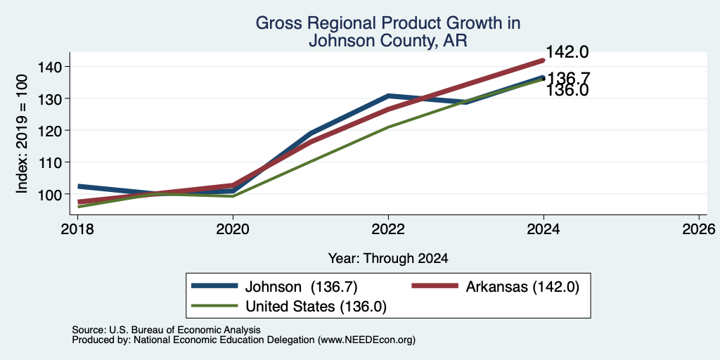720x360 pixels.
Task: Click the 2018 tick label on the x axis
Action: click(77, 229)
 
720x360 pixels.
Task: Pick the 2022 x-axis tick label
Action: click(388, 229)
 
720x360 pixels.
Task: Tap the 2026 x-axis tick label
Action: click(700, 229)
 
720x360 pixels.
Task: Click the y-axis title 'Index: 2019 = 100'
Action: click(22, 134)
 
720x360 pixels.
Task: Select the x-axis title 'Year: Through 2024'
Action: click(388, 259)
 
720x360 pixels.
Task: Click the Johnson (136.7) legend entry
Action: click(275, 287)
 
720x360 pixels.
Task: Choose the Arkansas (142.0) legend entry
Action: click(496, 287)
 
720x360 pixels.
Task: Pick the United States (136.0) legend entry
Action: click(288, 307)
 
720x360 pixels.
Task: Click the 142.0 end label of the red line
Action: click(567, 52)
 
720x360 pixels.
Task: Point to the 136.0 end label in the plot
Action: click(567, 91)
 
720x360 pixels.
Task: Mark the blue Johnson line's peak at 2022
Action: click(388, 96)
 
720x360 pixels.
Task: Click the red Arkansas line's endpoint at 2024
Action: click(544, 60)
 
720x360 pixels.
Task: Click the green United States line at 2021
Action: click(311, 161)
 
